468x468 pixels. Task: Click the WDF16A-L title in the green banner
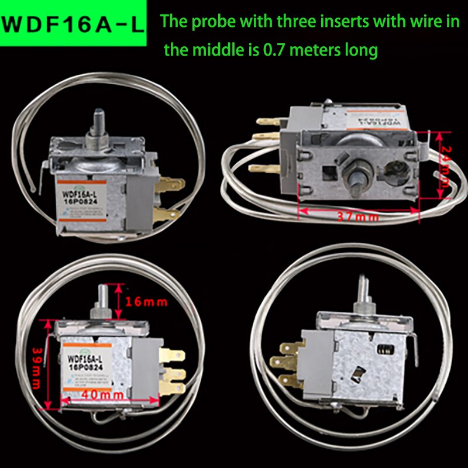click(x=74, y=25)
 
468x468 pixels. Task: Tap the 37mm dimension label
click(x=358, y=216)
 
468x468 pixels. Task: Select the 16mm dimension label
click(x=146, y=302)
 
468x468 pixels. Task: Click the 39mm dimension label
click(x=37, y=363)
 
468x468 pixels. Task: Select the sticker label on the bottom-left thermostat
click(x=88, y=365)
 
